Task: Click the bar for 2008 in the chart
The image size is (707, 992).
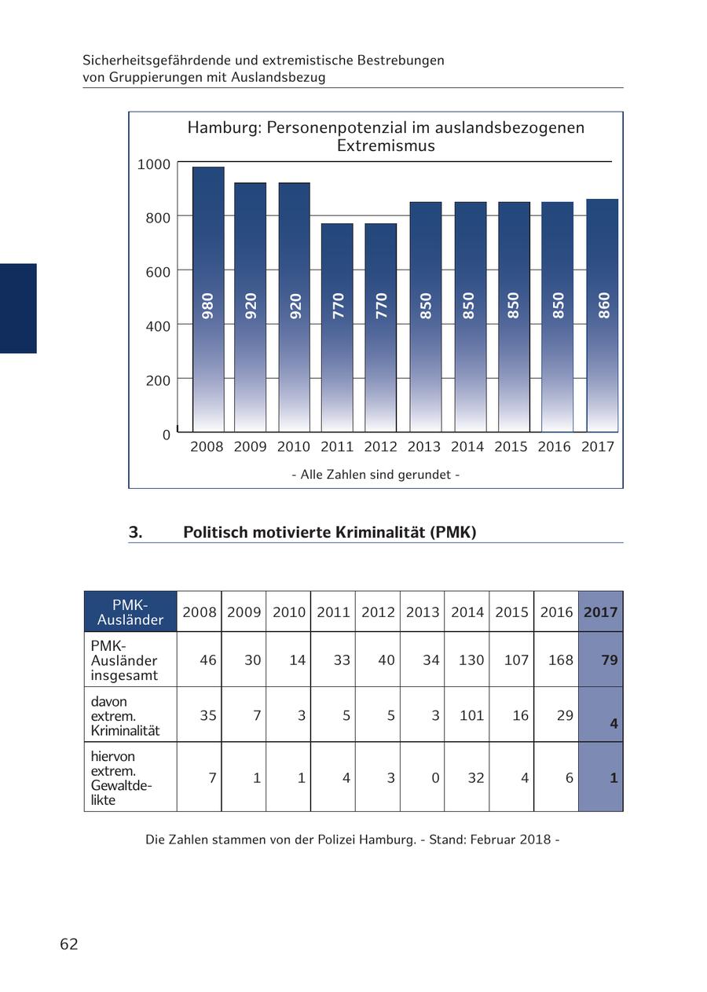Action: [208, 299]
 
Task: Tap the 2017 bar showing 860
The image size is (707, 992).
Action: [603, 315]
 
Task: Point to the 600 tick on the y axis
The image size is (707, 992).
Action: [159, 272]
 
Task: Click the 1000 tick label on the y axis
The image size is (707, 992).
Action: [154, 164]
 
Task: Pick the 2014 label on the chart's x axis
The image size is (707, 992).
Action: [467, 446]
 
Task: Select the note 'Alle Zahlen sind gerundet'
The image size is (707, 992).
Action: [375, 475]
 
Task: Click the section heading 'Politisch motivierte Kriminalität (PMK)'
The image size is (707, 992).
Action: [330, 532]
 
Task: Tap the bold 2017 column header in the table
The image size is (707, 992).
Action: [601, 612]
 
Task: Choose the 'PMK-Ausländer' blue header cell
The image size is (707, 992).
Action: [130, 612]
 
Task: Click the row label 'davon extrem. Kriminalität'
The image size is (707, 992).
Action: [126, 715]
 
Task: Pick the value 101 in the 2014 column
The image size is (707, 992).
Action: [471, 715]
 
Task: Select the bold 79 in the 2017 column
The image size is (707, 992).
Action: [610, 660]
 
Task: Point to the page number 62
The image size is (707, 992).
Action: [69, 944]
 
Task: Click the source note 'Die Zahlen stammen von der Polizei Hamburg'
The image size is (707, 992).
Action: [280, 840]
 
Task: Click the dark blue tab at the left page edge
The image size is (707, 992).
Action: [18, 308]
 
